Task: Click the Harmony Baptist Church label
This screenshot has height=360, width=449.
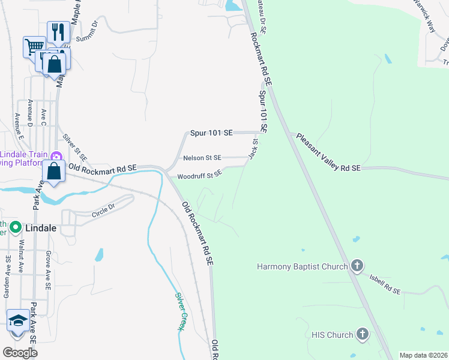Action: point(303,266)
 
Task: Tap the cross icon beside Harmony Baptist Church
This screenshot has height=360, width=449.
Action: point(357,265)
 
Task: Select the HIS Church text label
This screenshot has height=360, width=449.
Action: point(332,335)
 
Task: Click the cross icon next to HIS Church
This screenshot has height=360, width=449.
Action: point(362,334)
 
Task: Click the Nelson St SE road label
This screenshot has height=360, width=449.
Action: point(202,158)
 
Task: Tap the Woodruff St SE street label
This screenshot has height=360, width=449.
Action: point(200,175)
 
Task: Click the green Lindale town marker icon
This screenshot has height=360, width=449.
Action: point(16,228)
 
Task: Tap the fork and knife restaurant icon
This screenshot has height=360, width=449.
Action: point(58,32)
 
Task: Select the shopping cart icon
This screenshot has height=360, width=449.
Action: point(34,46)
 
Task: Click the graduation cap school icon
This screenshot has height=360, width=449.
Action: point(17,323)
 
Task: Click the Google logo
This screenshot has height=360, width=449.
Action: point(20,353)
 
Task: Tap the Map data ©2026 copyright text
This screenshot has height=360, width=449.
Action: point(423,355)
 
